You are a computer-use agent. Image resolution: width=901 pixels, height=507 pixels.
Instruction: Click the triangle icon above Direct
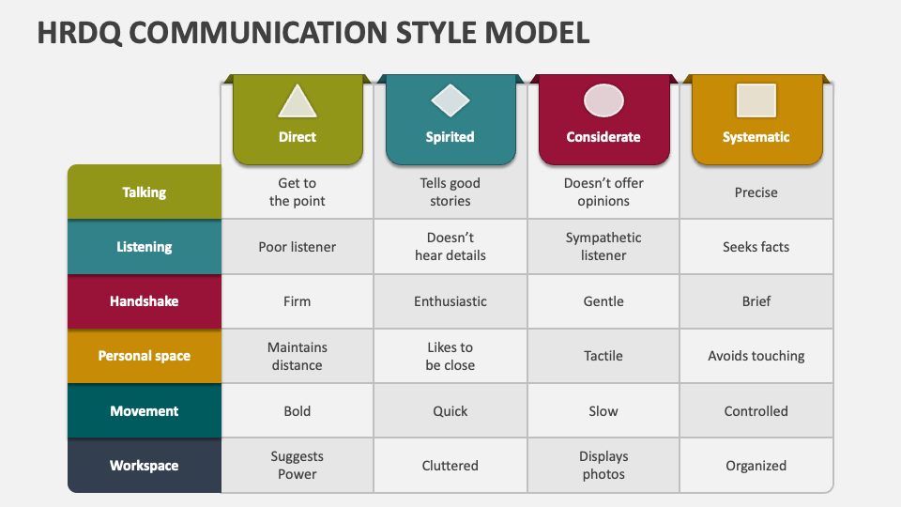(298, 100)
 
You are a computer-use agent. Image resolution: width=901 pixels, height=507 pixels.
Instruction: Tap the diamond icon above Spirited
(450, 100)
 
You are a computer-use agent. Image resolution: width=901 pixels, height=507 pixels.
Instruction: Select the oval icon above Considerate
(603, 100)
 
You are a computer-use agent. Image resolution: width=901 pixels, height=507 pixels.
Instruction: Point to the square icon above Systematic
(756, 100)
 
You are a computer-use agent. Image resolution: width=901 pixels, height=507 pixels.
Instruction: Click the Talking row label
(145, 192)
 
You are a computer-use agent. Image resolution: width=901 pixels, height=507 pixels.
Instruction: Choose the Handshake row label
(145, 301)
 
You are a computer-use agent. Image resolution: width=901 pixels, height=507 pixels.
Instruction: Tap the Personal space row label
(145, 356)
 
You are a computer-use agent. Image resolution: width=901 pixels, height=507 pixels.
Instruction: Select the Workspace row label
(145, 466)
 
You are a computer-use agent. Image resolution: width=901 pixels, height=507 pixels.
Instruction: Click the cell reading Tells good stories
(450, 192)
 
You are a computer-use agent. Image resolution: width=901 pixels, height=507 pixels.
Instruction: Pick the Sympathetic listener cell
(603, 247)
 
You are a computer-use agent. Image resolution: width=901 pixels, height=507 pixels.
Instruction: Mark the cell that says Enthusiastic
(450, 301)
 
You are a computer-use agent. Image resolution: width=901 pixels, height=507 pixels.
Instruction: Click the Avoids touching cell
(756, 356)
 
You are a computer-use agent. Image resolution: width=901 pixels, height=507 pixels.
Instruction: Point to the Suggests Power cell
(298, 466)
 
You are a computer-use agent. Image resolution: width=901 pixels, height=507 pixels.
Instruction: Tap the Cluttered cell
(450, 466)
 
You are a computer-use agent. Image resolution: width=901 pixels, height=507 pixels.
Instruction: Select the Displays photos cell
(603, 466)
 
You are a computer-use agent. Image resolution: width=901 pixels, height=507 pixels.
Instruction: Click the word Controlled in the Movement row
(756, 411)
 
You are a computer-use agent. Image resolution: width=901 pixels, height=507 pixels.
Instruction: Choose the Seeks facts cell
(756, 247)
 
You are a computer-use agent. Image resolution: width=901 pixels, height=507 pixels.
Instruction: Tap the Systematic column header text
(756, 137)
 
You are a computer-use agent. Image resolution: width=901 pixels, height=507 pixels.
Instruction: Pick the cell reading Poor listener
(298, 247)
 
